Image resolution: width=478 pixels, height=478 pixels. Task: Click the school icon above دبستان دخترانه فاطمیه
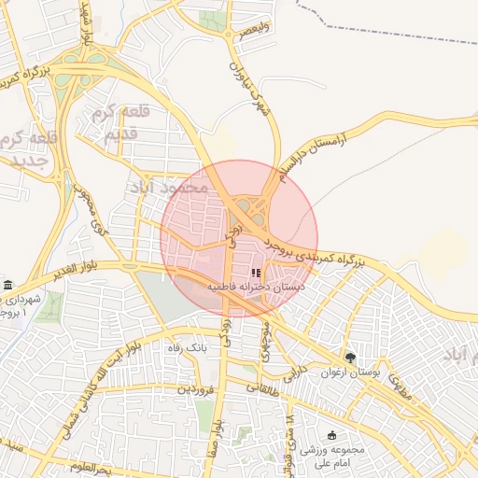255,273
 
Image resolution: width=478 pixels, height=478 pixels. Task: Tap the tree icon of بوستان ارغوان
350,356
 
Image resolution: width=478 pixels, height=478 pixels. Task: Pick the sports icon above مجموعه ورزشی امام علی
333,435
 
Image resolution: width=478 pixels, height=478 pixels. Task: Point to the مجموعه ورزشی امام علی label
333,455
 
